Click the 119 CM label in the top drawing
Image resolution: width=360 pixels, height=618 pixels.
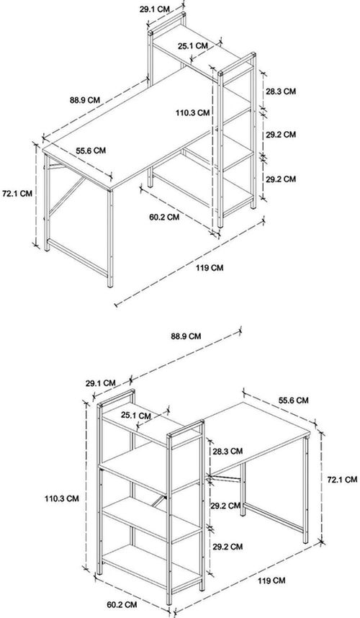210,268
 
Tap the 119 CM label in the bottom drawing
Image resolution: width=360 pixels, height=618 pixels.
271,581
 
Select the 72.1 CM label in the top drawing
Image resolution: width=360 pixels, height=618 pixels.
17,194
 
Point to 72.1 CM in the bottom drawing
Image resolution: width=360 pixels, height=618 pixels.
342,480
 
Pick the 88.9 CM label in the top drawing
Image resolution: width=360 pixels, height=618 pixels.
85,100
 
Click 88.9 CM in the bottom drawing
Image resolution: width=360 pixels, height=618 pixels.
186,336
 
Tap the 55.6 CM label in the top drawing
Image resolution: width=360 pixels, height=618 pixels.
91,151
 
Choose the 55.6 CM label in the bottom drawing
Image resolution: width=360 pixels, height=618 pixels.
294,400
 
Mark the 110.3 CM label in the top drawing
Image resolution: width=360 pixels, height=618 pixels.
193,112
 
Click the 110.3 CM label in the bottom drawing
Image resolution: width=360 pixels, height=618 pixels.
61,498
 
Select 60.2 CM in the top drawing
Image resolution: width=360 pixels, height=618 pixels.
164,217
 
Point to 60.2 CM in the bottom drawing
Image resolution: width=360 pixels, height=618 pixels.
122,604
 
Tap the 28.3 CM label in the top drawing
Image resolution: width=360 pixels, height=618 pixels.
280,91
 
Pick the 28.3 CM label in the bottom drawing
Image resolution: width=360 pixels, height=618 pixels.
228,451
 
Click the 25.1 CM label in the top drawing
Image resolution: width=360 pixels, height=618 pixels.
193,45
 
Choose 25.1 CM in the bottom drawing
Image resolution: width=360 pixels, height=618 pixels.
136,416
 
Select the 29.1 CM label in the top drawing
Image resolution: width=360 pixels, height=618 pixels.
154,9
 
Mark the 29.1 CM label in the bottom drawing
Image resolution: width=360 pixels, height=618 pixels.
100,383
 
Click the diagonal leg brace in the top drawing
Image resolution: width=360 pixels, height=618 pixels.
67,196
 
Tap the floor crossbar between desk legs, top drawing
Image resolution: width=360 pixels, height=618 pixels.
77,258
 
